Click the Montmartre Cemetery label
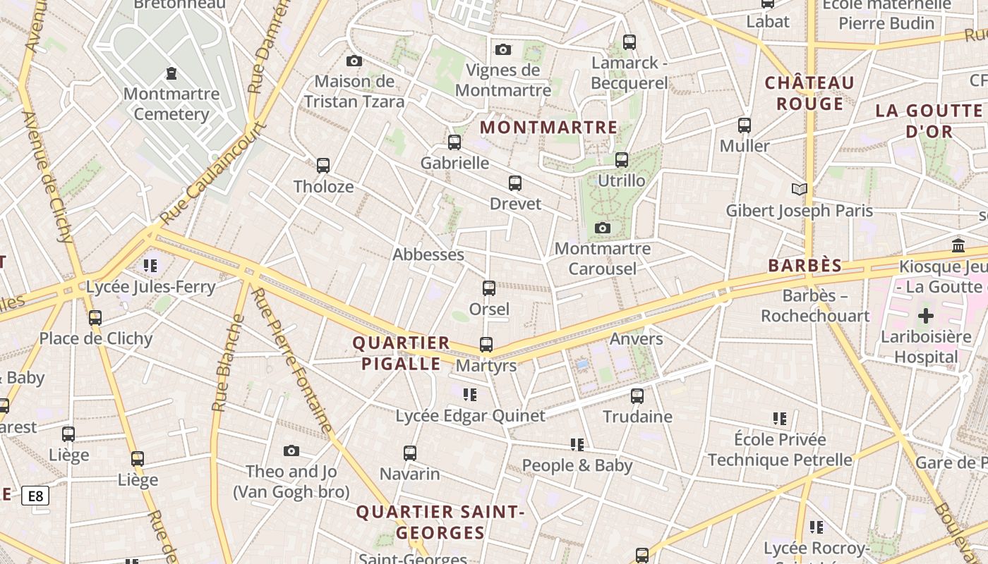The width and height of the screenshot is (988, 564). (171, 104)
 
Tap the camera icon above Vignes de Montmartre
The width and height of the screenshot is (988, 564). (502, 49)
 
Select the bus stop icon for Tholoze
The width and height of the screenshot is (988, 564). (323, 166)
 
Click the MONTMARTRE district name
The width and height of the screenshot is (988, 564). (548, 128)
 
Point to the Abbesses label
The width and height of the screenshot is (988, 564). (428, 255)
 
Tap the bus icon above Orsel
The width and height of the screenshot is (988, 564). (488, 288)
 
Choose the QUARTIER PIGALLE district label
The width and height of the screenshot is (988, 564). (401, 353)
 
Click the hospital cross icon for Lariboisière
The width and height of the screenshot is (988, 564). (925, 316)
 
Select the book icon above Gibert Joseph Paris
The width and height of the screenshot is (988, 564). (799, 189)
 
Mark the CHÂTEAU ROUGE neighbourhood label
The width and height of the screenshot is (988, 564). (809, 93)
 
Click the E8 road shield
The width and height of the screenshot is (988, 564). (35, 496)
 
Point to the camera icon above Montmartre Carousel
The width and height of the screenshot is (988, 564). (602, 228)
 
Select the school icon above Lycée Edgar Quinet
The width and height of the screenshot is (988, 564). (470, 394)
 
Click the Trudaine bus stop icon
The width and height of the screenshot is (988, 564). (637, 396)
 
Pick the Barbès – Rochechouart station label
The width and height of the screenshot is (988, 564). (815, 305)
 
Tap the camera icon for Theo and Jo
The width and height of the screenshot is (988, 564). (291, 450)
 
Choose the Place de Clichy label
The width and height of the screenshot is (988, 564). (96, 338)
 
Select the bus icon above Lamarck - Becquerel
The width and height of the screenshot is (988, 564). (629, 42)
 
